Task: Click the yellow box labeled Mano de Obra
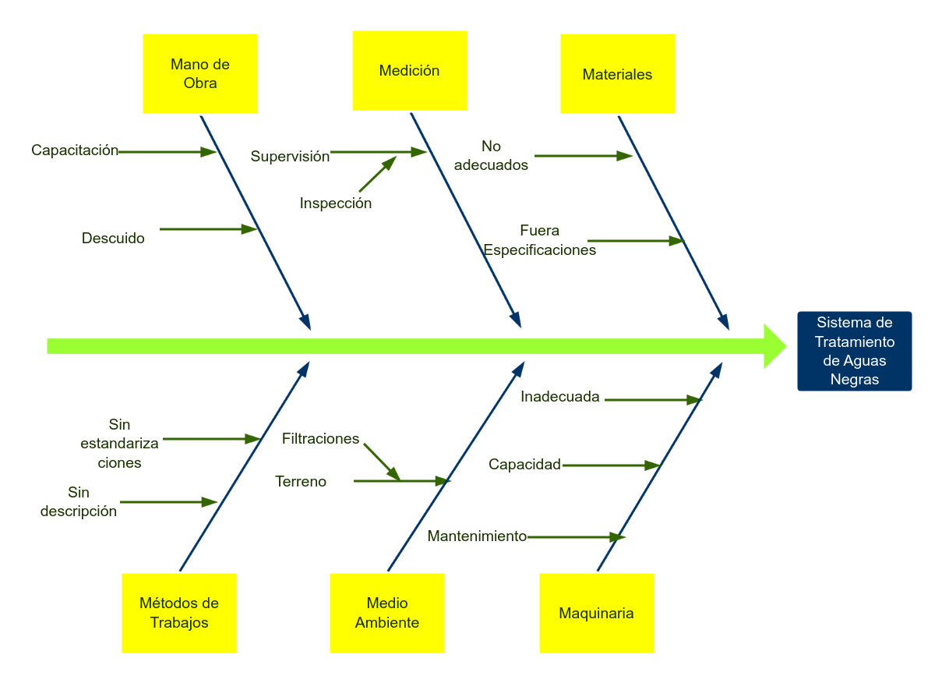click(200, 73)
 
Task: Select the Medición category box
click(410, 70)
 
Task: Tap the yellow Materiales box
click(617, 74)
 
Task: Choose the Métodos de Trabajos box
click(179, 613)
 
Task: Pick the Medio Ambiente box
click(387, 613)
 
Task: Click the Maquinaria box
click(597, 613)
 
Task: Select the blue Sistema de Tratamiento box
click(855, 351)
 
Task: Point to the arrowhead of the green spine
click(774, 346)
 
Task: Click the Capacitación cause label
click(75, 150)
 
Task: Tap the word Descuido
click(113, 239)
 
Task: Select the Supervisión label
click(290, 156)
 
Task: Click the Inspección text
click(336, 203)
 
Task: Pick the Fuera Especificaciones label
click(540, 240)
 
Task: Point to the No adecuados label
click(491, 156)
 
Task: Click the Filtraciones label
click(320, 439)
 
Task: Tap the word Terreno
click(301, 482)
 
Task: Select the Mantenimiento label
click(477, 536)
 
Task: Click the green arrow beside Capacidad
click(611, 465)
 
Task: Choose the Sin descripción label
click(79, 502)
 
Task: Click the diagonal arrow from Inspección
click(377, 174)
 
